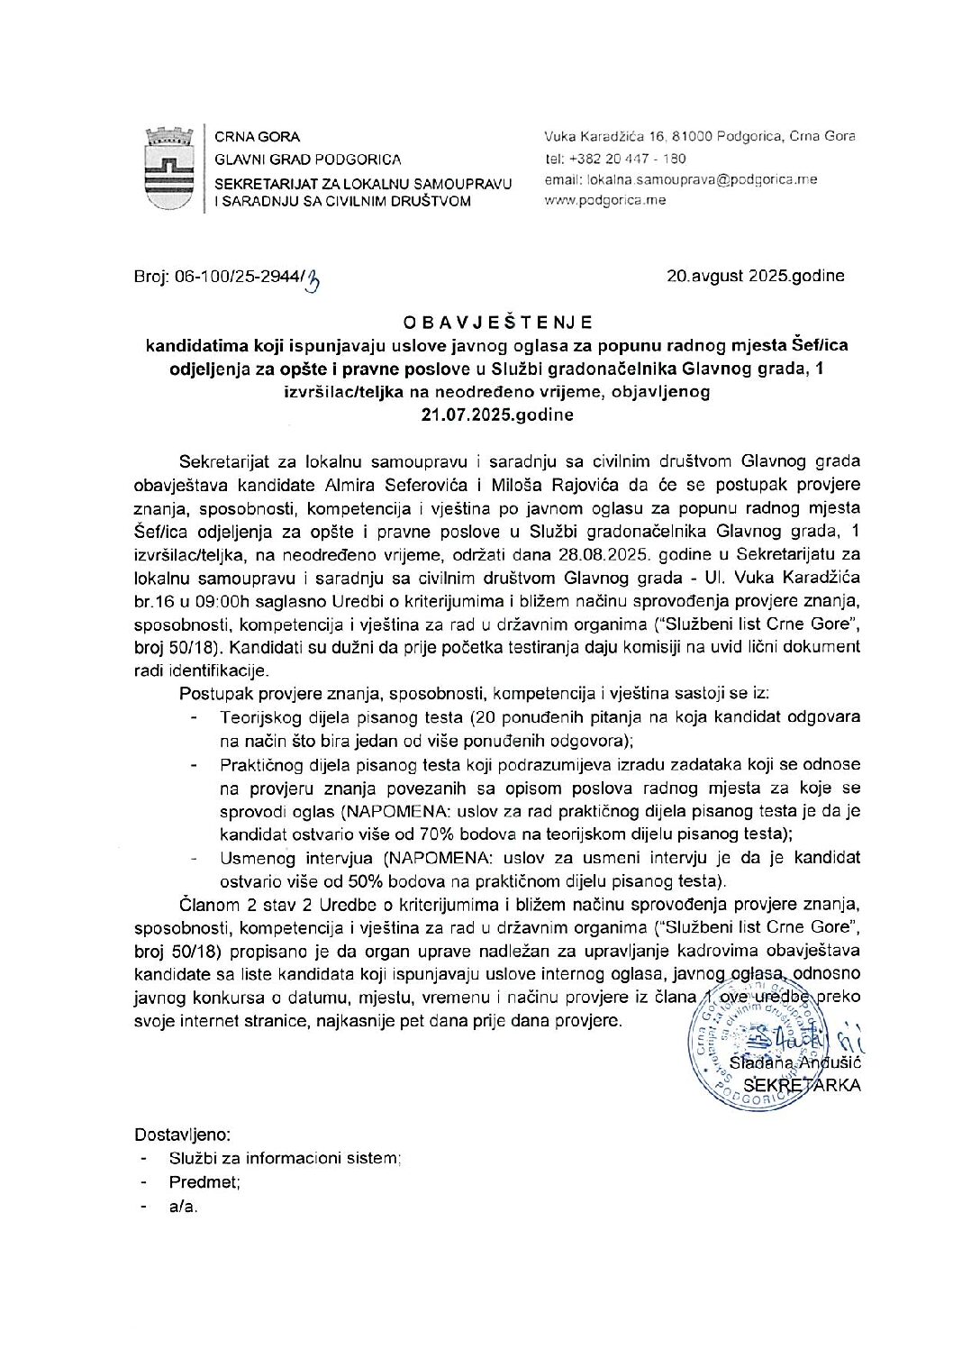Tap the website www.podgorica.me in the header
(605, 200)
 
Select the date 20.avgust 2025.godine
(756, 276)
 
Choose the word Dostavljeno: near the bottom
(183, 1134)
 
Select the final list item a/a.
(183, 1208)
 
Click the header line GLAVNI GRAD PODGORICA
(308, 160)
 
